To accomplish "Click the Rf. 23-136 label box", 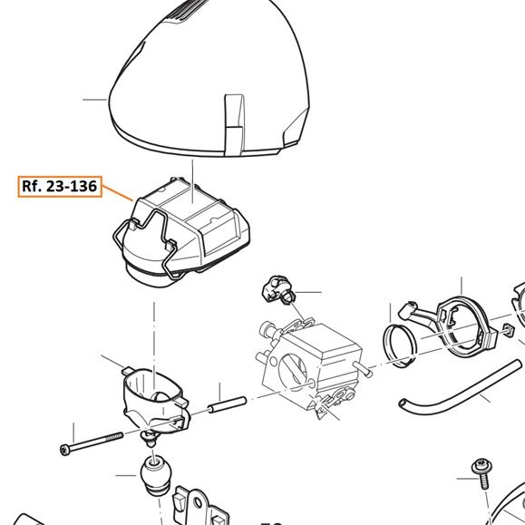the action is (x=60, y=186).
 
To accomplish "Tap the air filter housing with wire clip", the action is (x=182, y=233).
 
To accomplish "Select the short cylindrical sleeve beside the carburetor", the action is (x=228, y=404).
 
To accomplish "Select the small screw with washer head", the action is (x=482, y=472).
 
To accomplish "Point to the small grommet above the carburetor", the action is (x=277, y=289).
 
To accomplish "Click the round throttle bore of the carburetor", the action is (x=292, y=372).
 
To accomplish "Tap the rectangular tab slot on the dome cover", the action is (x=234, y=125).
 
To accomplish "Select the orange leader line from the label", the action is (x=117, y=193).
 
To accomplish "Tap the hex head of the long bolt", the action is (x=64, y=450).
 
